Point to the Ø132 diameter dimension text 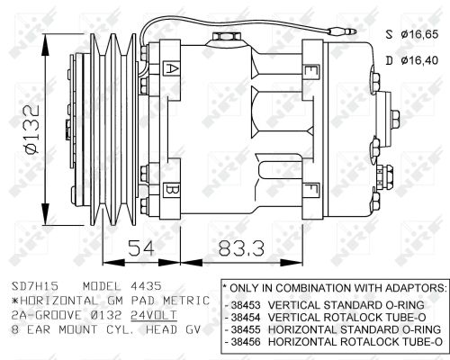point(32,129)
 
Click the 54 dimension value point(141,247)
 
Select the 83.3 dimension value point(241,248)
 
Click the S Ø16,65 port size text point(412,34)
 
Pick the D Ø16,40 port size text point(412,60)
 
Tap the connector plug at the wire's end point(342,31)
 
